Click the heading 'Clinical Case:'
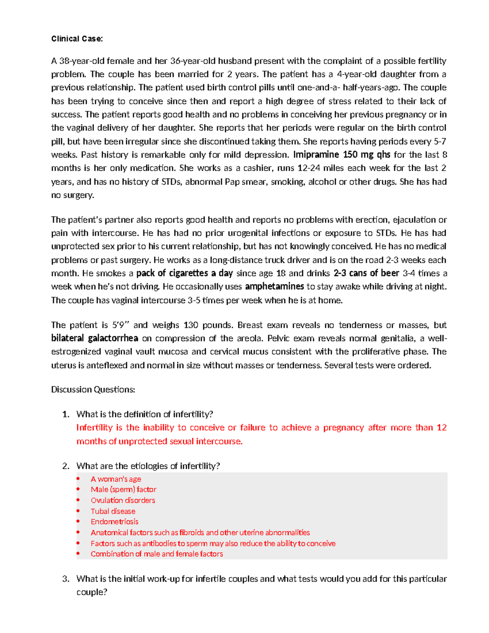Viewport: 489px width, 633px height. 77,39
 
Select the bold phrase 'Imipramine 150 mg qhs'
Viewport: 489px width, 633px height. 341,155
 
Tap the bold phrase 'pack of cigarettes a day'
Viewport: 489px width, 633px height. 184,273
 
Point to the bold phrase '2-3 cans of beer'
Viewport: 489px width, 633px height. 366,273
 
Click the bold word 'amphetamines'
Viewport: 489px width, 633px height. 274,287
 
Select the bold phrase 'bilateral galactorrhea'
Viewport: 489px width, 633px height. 95,338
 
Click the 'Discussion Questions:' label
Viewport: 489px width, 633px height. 93,390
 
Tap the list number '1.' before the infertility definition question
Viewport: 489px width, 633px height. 66,414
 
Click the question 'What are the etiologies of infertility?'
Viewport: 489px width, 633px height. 148,466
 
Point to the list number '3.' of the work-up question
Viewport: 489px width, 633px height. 66,579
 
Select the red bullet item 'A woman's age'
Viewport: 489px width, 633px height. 116,479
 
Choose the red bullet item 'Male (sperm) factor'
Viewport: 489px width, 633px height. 123,490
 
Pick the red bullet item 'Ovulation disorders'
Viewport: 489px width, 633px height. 123,500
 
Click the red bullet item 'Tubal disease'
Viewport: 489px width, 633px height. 113,511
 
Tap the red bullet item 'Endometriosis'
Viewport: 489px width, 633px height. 115,522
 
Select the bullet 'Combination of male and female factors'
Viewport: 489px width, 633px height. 156,554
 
